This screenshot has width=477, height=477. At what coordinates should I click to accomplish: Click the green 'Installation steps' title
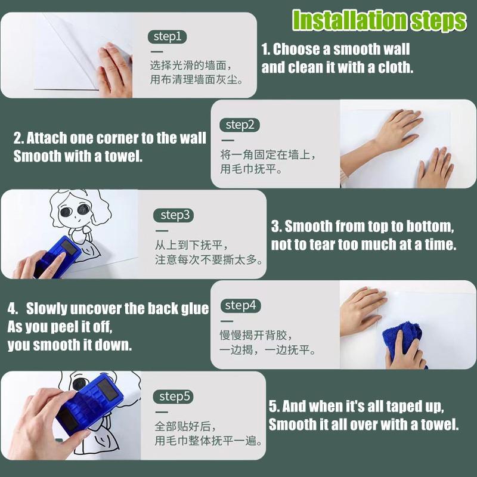click(379, 20)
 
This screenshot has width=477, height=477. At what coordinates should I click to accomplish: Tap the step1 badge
click(168, 37)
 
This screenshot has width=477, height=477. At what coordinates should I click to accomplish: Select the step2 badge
click(240, 125)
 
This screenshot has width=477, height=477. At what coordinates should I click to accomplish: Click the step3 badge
click(174, 215)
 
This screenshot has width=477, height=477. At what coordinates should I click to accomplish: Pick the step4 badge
click(240, 306)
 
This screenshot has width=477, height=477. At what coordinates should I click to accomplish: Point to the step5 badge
click(174, 397)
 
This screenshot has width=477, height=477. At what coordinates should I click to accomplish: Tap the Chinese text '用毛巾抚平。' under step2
click(251, 169)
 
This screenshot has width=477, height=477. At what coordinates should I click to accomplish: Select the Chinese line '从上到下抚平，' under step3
click(191, 245)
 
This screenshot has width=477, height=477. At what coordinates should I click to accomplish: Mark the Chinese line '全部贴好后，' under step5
click(185, 426)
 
